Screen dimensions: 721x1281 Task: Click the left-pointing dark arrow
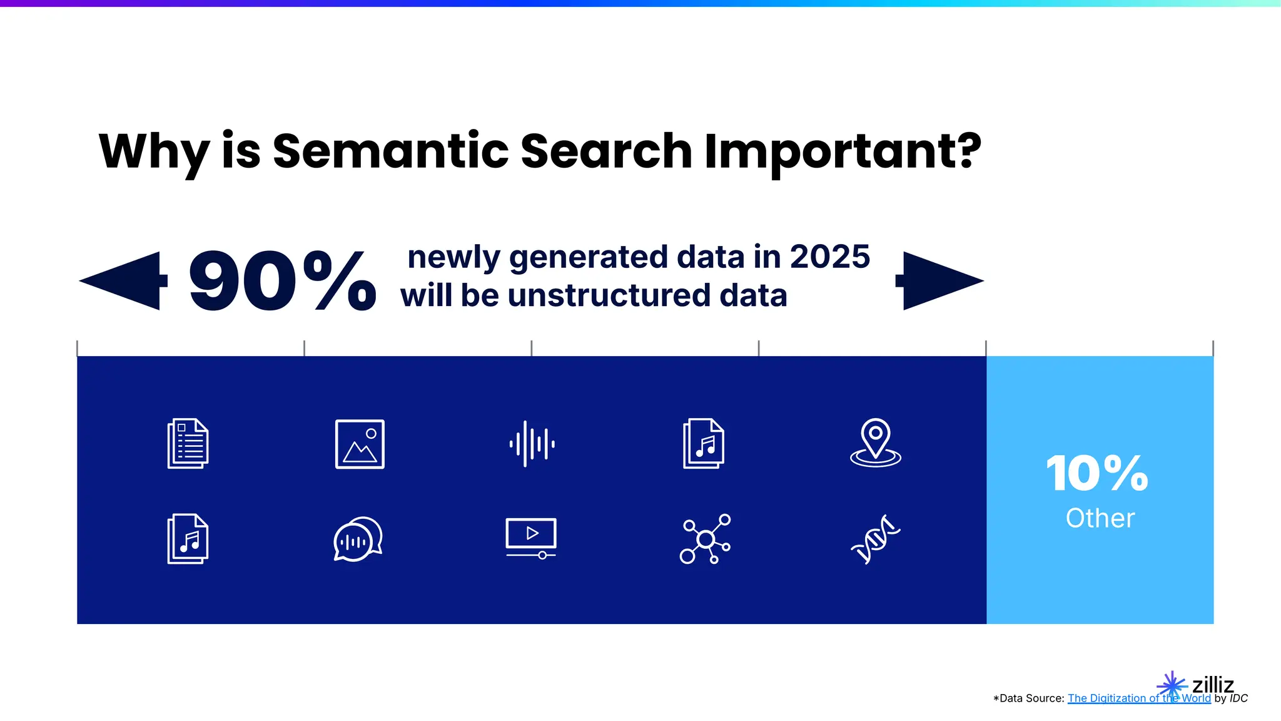click(x=125, y=281)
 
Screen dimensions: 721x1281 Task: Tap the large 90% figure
click(x=282, y=282)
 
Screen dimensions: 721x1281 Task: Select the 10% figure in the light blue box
click(x=1097, y=473)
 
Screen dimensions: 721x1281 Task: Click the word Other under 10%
click(x=1100, y=518)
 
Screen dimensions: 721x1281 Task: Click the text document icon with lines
click(x=188, y=443)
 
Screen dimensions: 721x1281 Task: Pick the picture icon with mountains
click(x=360, y=444)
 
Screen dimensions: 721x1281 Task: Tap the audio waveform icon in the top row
click(x=532, y=444)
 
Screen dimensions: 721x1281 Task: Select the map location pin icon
click(x=875, y=442)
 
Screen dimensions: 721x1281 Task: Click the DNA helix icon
click(x=875, y=539)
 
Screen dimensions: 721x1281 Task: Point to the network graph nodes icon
click(x=705, y=539)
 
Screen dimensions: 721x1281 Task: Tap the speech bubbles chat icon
click(x=358, y=539)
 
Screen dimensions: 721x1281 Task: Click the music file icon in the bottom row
click(x=188, y=539)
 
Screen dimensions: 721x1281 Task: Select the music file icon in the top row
click(x=704, y=443)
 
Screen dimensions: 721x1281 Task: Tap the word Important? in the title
click(x=843, y=151)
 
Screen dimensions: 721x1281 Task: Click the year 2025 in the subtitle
click(x=829, y=257)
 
